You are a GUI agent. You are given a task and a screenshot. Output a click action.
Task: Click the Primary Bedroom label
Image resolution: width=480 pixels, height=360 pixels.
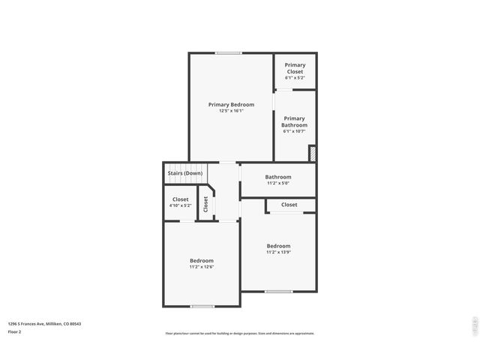click(x=231, y=104)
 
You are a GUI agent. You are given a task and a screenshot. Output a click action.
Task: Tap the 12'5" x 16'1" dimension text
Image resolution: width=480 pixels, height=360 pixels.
click(x=231, y=111)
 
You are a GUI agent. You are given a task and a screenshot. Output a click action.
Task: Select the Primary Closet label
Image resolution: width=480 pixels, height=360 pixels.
click(x=295, y=68)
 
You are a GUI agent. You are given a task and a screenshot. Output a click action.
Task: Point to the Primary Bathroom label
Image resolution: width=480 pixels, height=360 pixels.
click(x=294, y=121)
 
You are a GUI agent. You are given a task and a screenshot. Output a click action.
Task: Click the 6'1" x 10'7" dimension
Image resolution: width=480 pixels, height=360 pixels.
click(x=294, y=131)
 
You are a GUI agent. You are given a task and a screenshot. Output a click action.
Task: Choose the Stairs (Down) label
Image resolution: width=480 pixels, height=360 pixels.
click(x=184, y=173)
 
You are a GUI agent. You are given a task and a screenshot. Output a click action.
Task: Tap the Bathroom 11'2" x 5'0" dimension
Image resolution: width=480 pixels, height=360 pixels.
click(x=278, y=183)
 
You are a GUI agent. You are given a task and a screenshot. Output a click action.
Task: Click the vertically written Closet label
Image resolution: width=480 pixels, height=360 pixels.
click(x=205, y=204)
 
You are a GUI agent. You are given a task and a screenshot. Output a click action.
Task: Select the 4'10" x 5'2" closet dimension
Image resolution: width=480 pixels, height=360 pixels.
click(x=180, y=205)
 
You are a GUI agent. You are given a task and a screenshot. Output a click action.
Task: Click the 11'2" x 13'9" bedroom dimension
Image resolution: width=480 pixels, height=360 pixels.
click(x=278, y=253)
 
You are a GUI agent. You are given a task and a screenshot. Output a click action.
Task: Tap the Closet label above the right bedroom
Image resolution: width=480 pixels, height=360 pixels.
click(x=289, y=205)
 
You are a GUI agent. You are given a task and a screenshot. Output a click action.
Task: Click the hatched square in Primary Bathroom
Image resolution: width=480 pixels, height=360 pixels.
click(x=312, y=152)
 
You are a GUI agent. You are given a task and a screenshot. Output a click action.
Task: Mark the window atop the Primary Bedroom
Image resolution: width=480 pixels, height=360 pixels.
click(x=228, y=52)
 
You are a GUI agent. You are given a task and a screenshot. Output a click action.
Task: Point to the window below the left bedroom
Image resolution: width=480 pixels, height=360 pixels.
click(x=202, y=306)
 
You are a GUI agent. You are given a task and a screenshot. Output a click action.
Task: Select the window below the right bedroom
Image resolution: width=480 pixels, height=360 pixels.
click(x=278, y=291)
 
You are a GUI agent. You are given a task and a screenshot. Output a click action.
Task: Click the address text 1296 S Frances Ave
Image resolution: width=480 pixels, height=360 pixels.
click(x=44, y=324)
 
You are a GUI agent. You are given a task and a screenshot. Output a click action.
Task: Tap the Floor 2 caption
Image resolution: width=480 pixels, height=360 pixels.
click(x=14, y=331)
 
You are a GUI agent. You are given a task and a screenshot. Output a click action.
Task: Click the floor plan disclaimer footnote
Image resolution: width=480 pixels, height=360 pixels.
click(x=240, y=334)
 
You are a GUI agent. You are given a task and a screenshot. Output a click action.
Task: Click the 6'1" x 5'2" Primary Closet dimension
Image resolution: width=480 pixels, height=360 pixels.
click(x=295, y=78)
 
